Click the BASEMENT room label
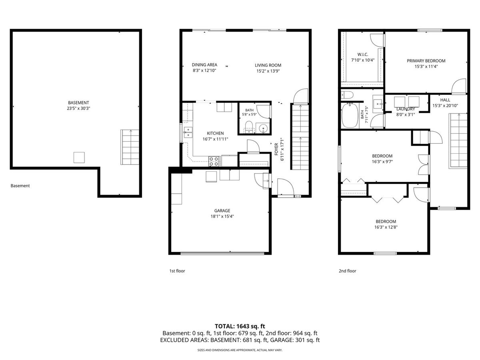click(x=78, y=102)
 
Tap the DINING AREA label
click(x=204, y=65)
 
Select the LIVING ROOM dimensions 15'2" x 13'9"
click(x=268, y=71)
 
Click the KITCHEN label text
click(x=215, y=133)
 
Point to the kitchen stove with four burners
click(x=214, y=161)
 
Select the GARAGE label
click(x=222, y=210)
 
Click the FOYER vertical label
click(x=276, y=149)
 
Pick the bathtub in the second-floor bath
click(x=350, y=115)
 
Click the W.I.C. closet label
click(x=362, y=54)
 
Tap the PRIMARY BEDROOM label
click(x=426, y=61)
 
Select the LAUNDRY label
click(x=406, y=109)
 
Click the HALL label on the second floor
click(x=445, y=100)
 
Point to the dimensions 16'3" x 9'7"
click(x=382, y=162)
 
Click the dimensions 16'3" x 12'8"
click(x=386, y=227)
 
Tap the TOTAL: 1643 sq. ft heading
click(x=240, y=326)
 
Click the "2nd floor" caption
click(x=347, y=271)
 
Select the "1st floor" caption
click(x=177, y=271)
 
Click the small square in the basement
click(x=79, y=157)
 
